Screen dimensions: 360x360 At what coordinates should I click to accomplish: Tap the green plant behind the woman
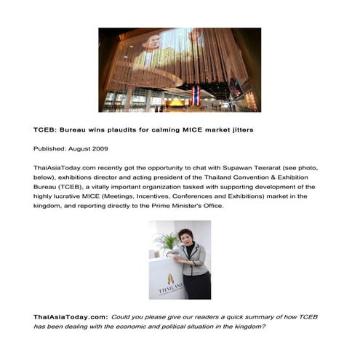pos(167,240)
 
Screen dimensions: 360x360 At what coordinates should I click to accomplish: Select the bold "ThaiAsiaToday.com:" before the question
pos(71,317)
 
